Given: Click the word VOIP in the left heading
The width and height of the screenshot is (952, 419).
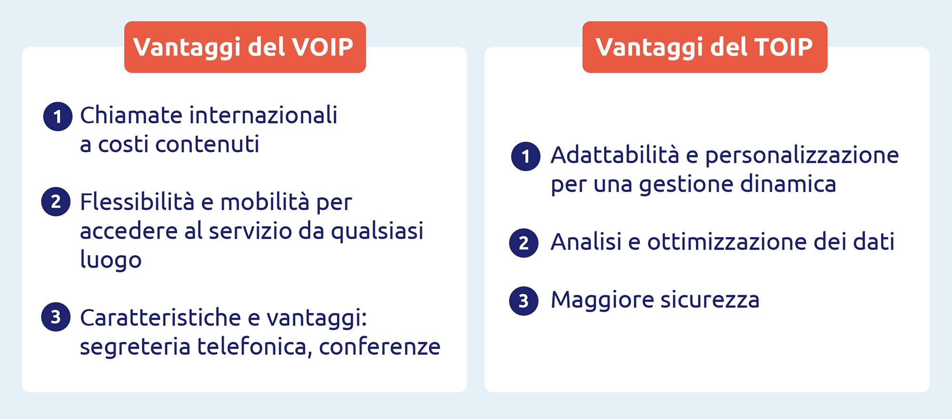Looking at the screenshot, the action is (322, 47).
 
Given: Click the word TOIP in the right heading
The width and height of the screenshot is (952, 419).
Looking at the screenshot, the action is (783, 47).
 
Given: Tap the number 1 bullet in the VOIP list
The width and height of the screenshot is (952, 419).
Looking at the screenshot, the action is (58, 116).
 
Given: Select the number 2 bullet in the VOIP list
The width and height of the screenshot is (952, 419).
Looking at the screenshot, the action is (56, 201).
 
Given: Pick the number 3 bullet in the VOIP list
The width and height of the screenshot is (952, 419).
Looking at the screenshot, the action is (56, 317).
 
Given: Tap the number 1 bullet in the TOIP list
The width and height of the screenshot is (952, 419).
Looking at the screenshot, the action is (526, 156).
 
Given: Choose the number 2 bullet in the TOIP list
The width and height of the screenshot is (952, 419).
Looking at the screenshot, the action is (524, 243).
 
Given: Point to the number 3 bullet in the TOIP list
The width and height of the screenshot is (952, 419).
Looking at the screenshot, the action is (524, 300).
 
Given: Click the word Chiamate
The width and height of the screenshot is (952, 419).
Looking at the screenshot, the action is (131, 115).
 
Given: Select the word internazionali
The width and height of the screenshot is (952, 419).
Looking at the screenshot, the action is (264, 115).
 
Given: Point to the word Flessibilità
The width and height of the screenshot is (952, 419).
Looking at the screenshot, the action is (137, 201).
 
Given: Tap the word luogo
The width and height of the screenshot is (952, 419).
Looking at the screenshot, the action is (111, 260).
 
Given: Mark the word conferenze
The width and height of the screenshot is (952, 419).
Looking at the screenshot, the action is (380, 347).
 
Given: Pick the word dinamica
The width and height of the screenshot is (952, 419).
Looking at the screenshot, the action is (788, 184).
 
